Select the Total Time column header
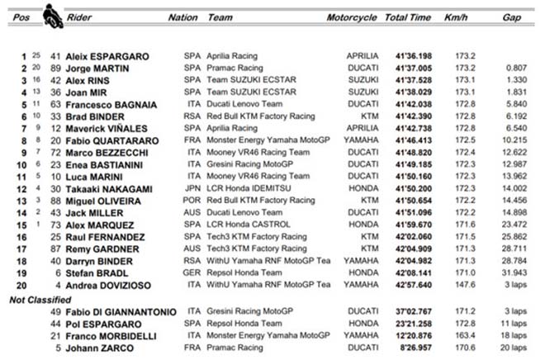pos(407,17)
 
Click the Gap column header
pos(512,17)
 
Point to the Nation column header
pos(182,17)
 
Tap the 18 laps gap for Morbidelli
pos(514,336)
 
